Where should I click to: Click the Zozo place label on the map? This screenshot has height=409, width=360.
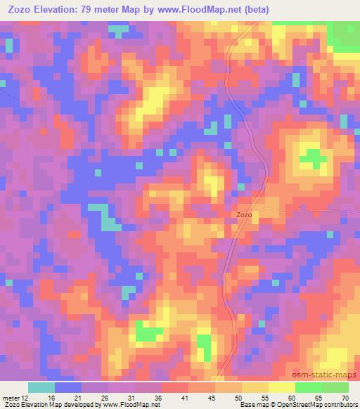pyautogui.click(x=243, y=215)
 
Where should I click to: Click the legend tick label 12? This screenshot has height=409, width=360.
pyautogui.click(x=25, y=398)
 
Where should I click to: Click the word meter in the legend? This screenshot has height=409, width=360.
pyautogui.click(x=11, y=398)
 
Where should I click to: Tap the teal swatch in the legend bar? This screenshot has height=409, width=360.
pyautogui.click(x=41, y=387)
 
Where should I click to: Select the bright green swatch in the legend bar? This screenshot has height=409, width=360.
pyautogui.click(x=309, y=387)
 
